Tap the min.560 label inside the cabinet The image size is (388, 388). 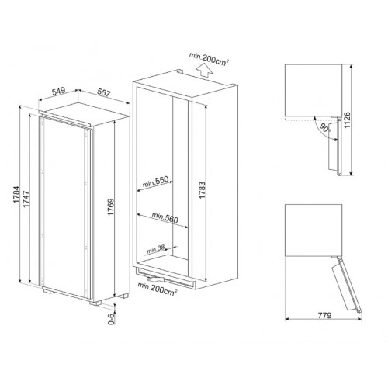[x=165, y=219]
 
